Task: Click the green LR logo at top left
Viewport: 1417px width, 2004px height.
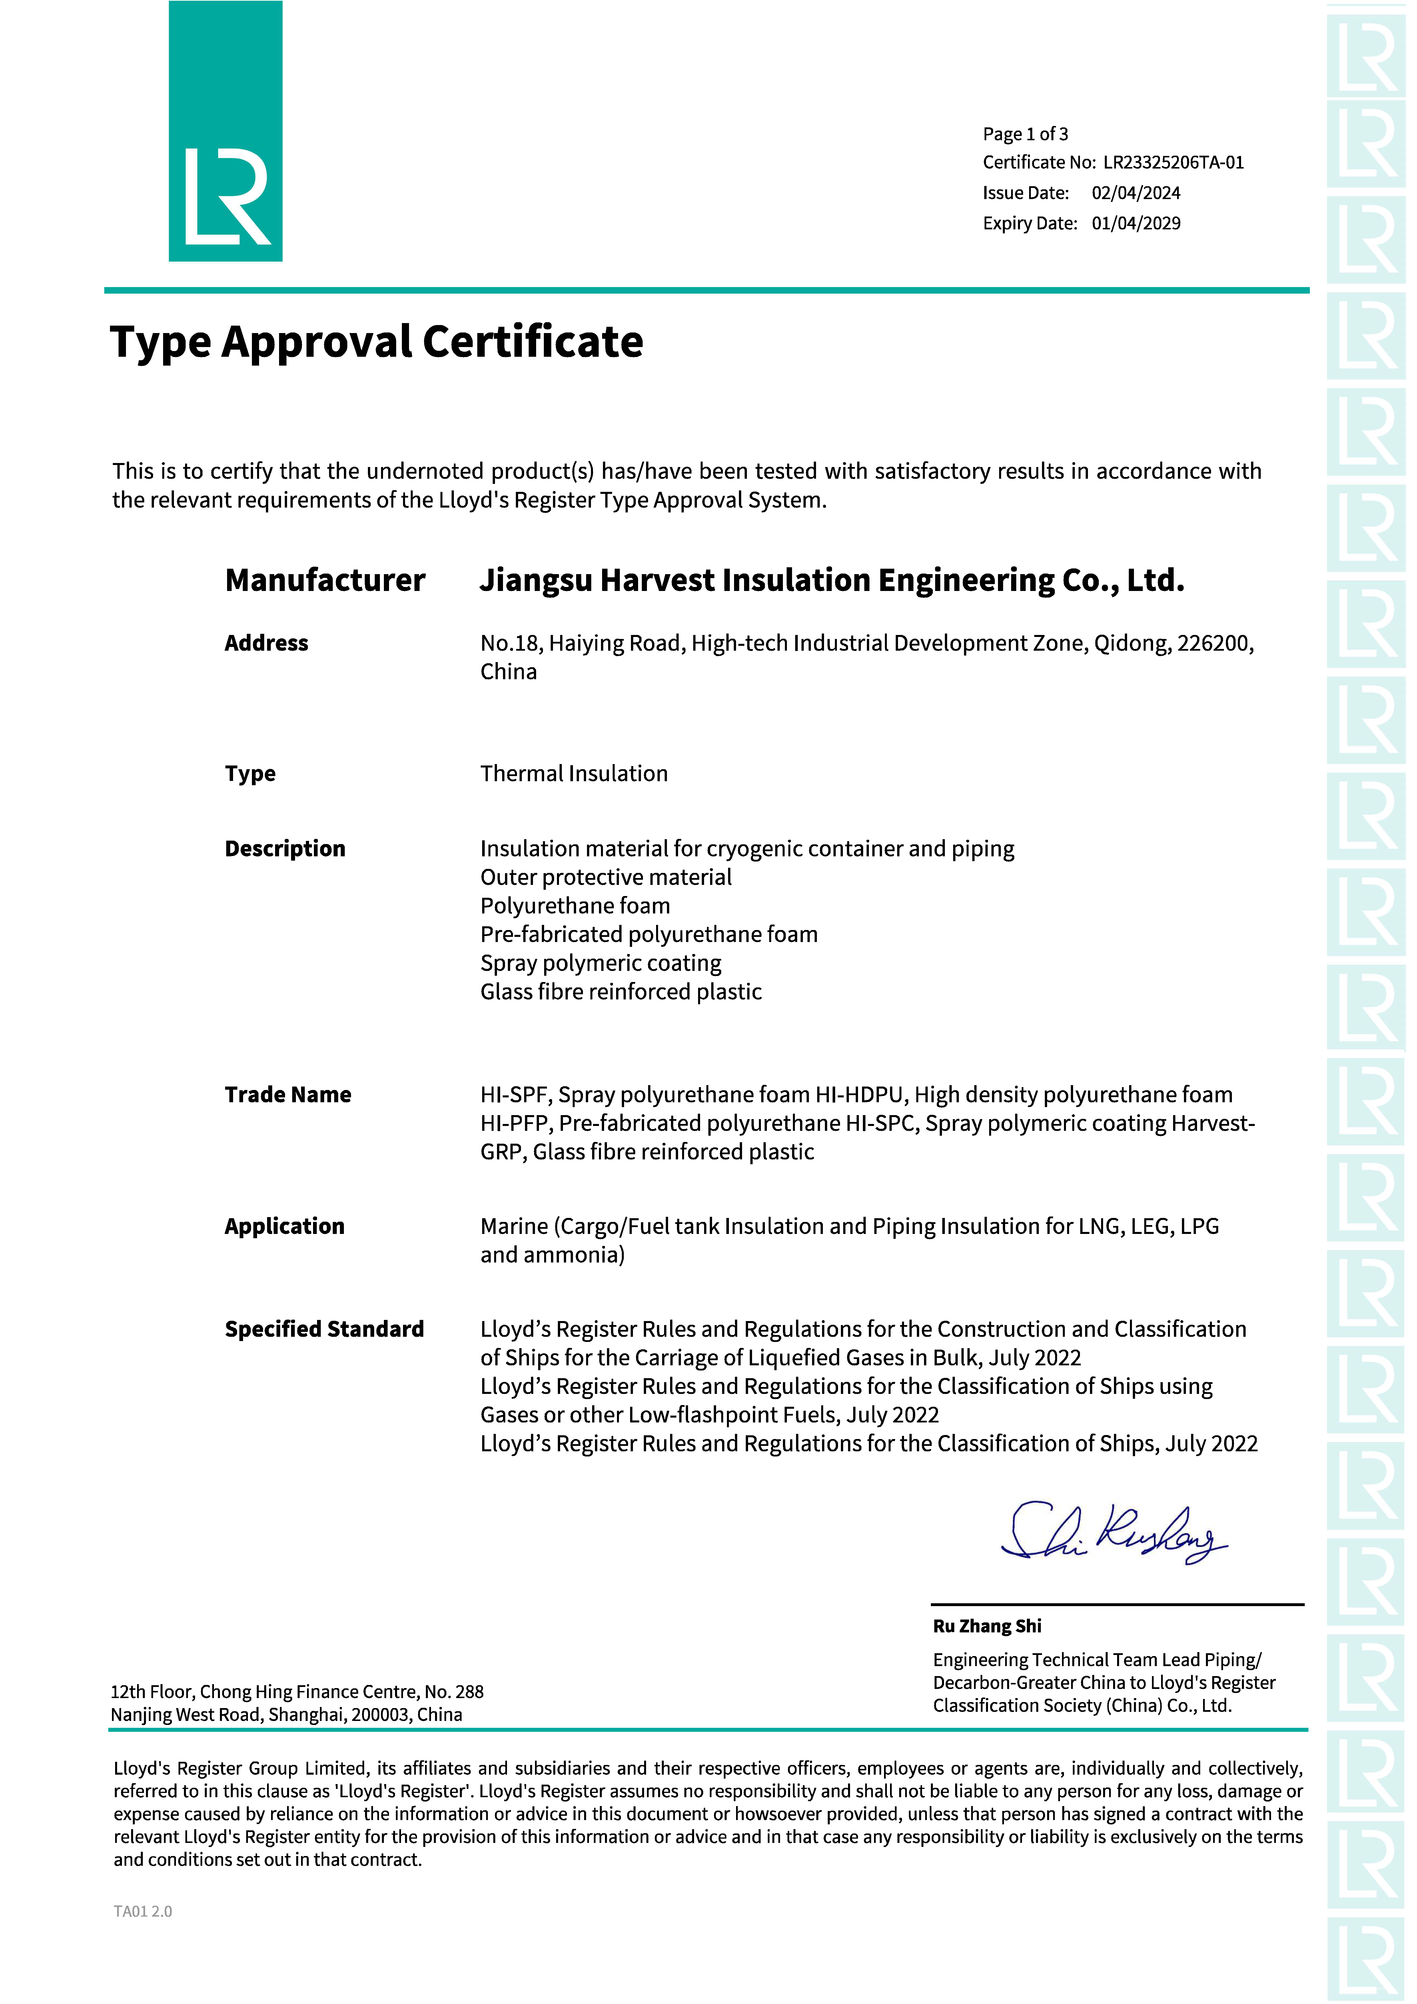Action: click(225, 131)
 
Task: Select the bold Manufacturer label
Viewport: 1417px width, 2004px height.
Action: click(325, 580)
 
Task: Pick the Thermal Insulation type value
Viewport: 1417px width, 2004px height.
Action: click(574, 773)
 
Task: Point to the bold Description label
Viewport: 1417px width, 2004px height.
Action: click(284, 848)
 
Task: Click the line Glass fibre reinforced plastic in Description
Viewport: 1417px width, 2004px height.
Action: click(621, 991)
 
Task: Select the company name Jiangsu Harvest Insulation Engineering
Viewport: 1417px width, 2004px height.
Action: click(768, 580)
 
